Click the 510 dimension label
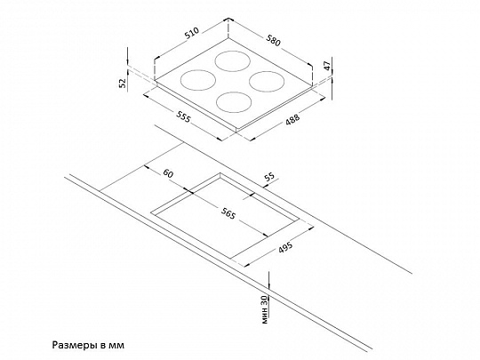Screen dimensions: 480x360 192,33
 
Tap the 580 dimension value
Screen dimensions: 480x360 273,41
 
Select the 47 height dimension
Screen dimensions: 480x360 327,66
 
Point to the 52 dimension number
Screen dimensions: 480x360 123,83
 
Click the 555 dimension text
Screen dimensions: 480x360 183,116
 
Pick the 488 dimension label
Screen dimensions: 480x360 292,119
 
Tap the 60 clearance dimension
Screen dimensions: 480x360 168,173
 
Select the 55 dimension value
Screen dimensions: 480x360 269,177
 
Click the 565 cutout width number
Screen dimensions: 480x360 228,212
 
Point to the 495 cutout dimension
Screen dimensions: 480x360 285,247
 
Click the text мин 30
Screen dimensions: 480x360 265,309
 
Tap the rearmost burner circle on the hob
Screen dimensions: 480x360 233,61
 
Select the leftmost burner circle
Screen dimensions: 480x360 197,80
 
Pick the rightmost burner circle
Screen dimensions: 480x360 267,82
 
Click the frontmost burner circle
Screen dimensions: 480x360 234,102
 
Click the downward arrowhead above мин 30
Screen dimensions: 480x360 268,286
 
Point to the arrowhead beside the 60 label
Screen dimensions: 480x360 146,167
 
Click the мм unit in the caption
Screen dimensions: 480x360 116,346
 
